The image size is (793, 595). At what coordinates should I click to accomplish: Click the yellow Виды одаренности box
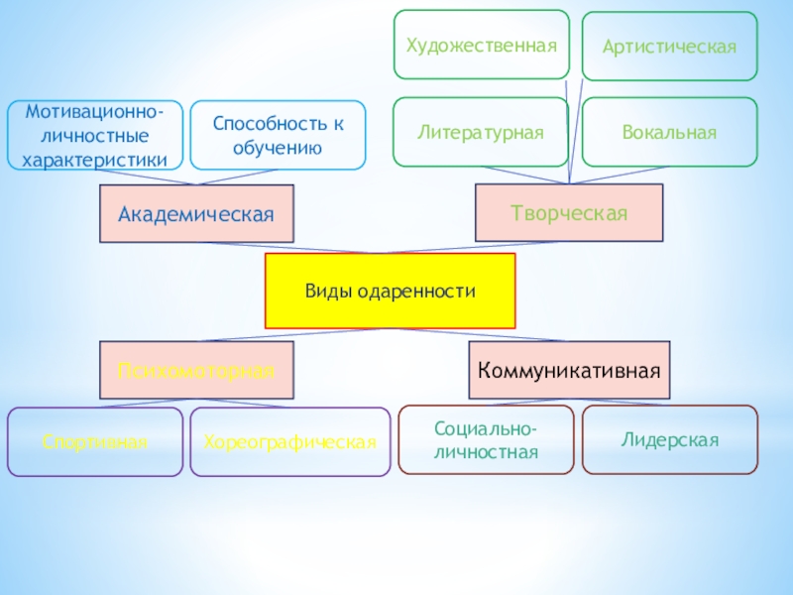390,291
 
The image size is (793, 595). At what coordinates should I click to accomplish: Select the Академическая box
196,213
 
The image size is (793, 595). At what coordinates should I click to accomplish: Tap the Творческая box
569,212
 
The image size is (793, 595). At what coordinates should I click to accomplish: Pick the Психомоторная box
196,371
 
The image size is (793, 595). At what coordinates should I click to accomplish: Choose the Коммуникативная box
569,371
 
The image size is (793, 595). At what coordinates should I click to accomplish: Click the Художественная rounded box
482,45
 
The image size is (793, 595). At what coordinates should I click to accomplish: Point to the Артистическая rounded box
669,47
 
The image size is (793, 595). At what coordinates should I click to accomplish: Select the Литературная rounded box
481,131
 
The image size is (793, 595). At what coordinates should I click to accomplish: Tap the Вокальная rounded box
669,131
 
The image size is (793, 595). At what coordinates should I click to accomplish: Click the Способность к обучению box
278,135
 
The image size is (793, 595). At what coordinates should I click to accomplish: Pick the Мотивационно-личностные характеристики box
95,135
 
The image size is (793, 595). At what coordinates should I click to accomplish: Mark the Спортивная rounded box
95,441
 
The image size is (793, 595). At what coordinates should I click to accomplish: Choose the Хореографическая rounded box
289,441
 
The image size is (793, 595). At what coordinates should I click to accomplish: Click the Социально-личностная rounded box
486,440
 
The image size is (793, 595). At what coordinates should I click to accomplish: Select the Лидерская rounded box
669,439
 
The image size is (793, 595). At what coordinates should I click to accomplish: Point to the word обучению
278,148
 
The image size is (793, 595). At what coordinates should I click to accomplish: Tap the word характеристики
95,158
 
